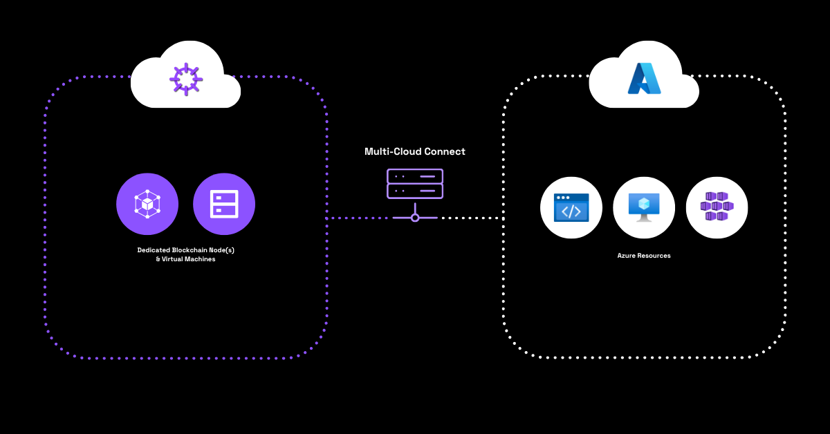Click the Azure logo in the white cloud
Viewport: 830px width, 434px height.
[644, 78]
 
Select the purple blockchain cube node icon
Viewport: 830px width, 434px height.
[147, 204]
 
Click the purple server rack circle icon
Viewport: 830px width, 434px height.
[224, 204]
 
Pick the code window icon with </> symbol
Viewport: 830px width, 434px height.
[571, 207]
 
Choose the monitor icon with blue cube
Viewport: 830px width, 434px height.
[644, 207]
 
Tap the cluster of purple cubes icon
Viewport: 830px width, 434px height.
[717, 207]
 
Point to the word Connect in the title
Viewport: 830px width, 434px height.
[447, 151]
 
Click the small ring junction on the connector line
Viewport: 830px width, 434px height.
[415, 218]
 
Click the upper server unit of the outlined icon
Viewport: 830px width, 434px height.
[415, 176]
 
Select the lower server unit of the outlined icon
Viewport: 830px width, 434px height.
[415, 191]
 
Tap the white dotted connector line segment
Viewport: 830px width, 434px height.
[470, 218]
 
